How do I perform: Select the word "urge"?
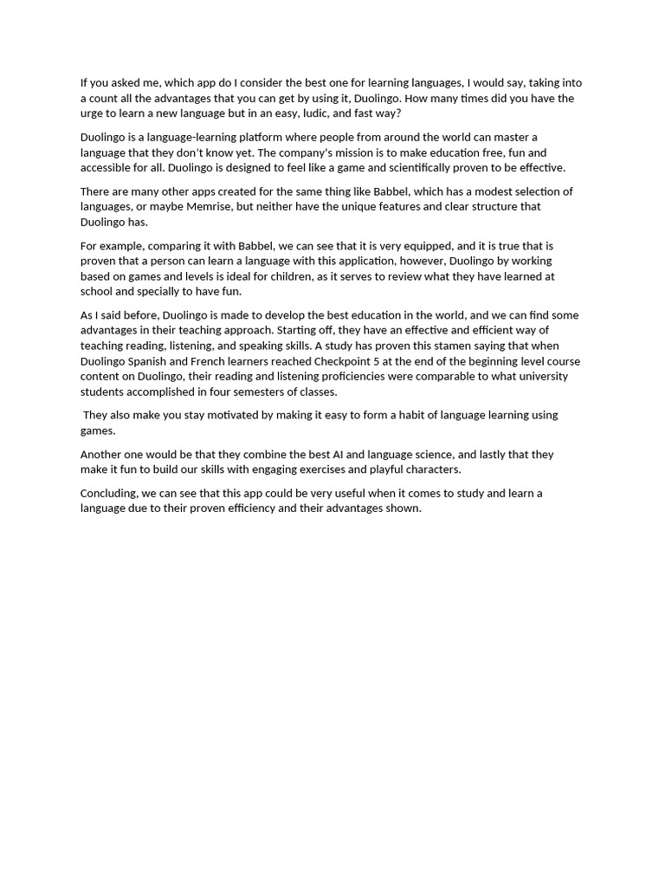pyautogui.click(x=94, y=113)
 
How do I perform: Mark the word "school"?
pyautogui.click(x=96, y=292)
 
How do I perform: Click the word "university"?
pyautogui.click(x=543, y=377)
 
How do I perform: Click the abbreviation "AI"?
pyautogui.click(x=339, y=455)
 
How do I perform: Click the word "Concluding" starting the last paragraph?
pyautogui.click(x=111, y=494)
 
